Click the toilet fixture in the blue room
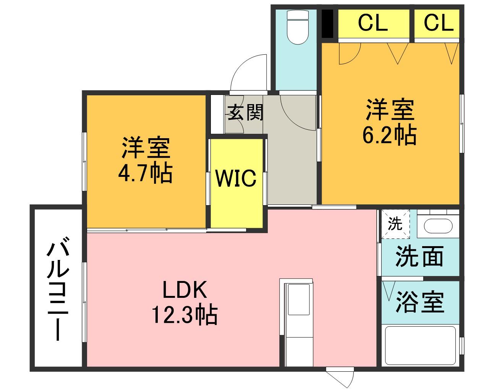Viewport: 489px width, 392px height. [x=298, y=27]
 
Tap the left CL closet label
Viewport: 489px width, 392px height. [x=372, y=23]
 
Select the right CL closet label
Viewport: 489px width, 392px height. [x=439, y=23]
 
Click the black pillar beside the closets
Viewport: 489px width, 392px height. [x=327, y=24]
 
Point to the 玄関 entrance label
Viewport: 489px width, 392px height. [x=245, y=112]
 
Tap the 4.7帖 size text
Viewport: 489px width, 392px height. [x=145, y=173]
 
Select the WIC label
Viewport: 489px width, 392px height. [x=236, y=178]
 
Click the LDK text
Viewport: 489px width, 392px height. [x=185, y=290]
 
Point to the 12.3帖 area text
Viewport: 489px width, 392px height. [x=185, y=315]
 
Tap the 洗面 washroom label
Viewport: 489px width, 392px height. [x=419, y=256]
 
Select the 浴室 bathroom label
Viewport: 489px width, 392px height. [x=420, y=302]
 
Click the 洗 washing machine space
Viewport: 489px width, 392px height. [x=395, y=224]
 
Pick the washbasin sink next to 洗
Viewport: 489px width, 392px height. [x=438, y=226]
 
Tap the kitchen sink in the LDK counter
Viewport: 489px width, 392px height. [x=299, y=299]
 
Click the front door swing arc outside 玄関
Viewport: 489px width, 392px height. [x=248, y=72]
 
